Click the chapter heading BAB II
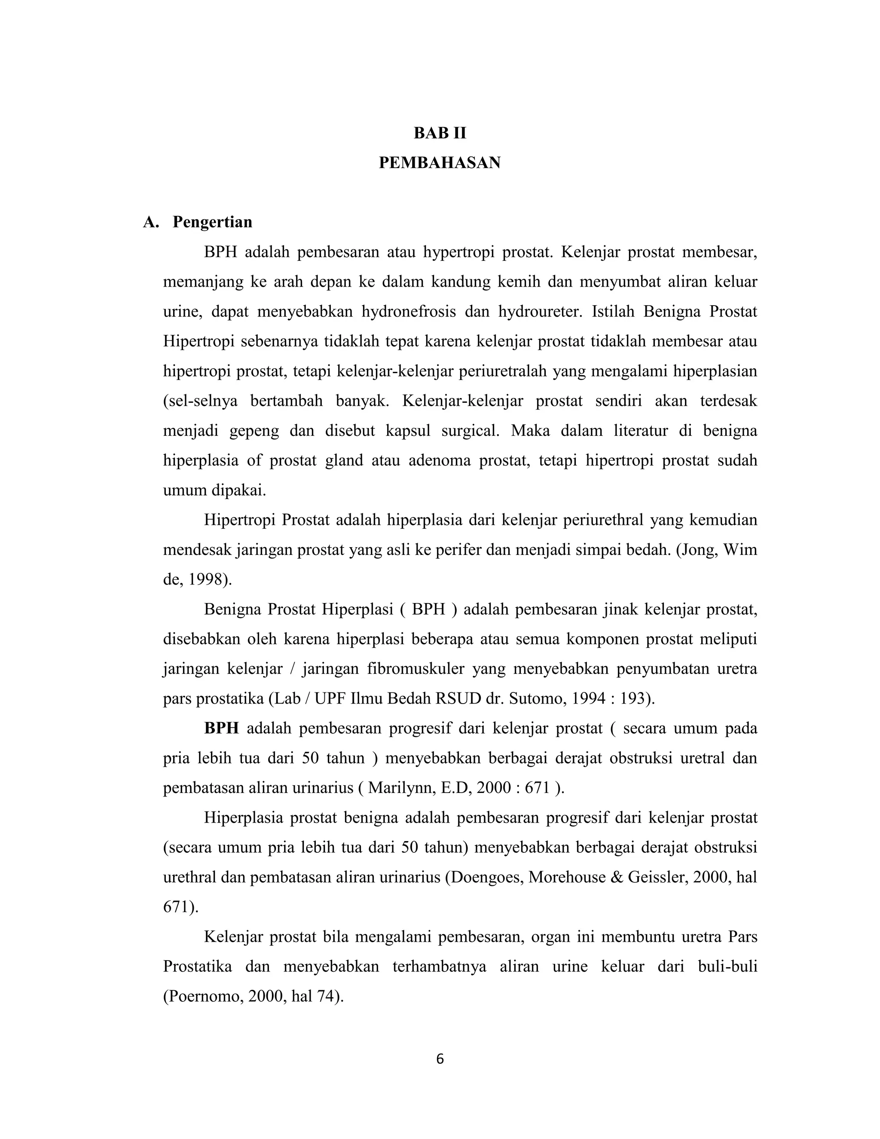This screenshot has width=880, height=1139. point(440,134)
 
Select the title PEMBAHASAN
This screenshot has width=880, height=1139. point(440,163)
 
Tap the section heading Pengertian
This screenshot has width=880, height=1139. point(212,222)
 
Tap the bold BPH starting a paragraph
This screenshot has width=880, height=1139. point(221,729)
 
